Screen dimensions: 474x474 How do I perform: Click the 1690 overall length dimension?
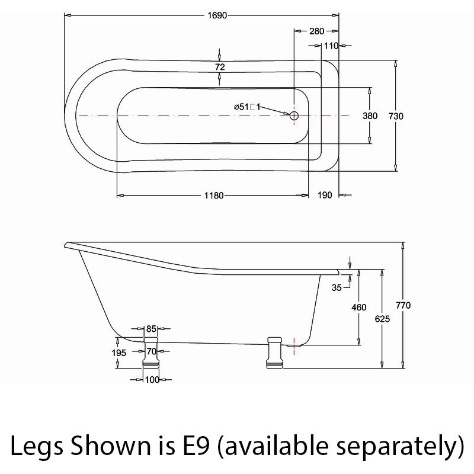tap(217, 15)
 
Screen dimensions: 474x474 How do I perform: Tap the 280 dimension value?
tap(316, 31)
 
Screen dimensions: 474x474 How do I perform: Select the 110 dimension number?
tap(331, 46)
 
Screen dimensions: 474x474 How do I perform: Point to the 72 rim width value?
tap(220, 67)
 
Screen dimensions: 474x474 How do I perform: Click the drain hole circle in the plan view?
tap(294, 116)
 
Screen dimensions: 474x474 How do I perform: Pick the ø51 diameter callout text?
tap(247, 107)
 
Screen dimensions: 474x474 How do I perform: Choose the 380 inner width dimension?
tap(370, 116)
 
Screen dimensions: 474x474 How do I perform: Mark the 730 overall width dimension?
tap(396, 116)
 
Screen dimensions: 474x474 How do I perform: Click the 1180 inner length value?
tap(214, 196)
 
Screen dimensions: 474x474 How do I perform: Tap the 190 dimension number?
tap(325, 196)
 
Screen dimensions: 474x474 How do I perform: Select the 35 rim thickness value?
tap(337, 287)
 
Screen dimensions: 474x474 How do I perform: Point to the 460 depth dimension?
tap(359, 308)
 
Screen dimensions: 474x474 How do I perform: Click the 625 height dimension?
tap(382, 319)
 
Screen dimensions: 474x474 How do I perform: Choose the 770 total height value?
tap(403, 305)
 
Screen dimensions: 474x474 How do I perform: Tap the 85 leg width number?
tap(151, 329)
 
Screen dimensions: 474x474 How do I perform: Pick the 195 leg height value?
tap(119, 353)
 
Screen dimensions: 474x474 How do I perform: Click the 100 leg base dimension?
tap(152, 380)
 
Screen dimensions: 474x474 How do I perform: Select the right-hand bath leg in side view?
tap(274, 353)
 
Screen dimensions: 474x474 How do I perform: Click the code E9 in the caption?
tap(196, 446)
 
